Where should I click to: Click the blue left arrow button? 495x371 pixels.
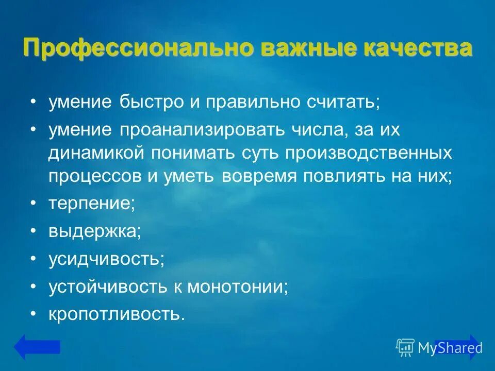(37, 347)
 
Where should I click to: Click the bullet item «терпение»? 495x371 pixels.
(92, 204)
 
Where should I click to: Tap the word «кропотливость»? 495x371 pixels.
(117, 314)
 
